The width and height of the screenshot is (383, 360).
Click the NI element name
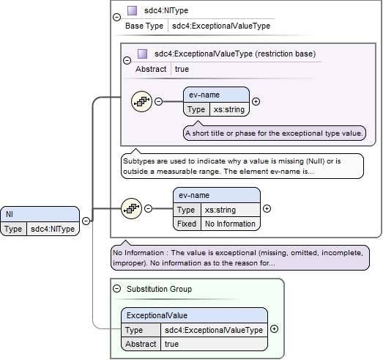tap(10, 214)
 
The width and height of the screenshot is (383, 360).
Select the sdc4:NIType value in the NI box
tap(53, 229)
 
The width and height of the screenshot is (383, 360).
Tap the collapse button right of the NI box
tap(86, 221)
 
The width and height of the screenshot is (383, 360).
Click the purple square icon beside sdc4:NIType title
tap(132, 11)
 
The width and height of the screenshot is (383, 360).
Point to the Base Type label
tap(144, 26)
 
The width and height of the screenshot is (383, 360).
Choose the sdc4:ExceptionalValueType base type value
tap(221, 26)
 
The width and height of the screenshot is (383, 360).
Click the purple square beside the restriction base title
tap(142, 54)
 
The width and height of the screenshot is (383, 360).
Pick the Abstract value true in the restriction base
tap(182, 69)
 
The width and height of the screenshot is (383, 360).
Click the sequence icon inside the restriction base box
tap(141, 101)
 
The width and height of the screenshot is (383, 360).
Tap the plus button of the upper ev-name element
tap(256, 101)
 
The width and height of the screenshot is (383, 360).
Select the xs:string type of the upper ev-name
tap(229, 109)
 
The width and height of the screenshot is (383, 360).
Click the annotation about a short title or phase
tap(275, 133)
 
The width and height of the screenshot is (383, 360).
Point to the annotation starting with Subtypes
tap(242, 166)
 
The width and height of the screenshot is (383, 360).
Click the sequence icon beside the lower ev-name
tap(131, 209)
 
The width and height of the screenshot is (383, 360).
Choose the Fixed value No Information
tap(230, 224)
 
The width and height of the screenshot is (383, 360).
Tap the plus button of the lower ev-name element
tap(267, 209)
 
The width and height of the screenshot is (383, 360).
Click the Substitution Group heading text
tap(159, 289)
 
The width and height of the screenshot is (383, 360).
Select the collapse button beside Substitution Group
tap(116, 289)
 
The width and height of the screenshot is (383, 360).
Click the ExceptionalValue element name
tap(157, 315)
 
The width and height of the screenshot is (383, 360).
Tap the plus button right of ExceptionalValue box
tap(275, 329)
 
